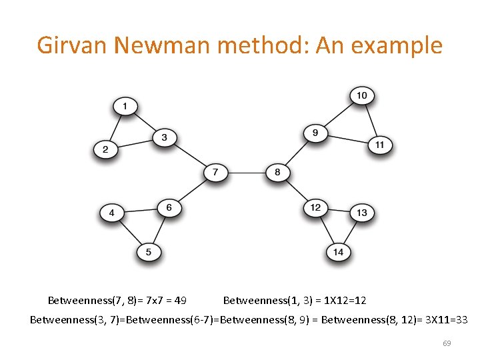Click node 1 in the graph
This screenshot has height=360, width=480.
point(125,106)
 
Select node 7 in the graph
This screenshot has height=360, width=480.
point(215,173)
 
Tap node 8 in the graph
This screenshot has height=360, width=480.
point(277,173)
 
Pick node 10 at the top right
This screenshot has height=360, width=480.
point(361,96)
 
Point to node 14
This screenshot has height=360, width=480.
point(338,252)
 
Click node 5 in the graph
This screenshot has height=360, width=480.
point(149,252)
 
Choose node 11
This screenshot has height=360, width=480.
point(379,145)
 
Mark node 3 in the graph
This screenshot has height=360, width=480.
point(164,138)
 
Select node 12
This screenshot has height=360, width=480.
point(315,207)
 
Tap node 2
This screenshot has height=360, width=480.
point(105,149)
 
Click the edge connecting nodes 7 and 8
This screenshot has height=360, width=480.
point(246,173)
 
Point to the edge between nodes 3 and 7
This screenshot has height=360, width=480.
point(190,155)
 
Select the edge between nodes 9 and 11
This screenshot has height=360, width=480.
point(347,139)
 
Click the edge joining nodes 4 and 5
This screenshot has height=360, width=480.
point(130,233)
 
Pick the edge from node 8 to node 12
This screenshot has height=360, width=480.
point(296,190)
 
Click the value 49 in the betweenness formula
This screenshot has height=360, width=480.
point(180,301)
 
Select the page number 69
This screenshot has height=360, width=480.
point(447,343)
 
